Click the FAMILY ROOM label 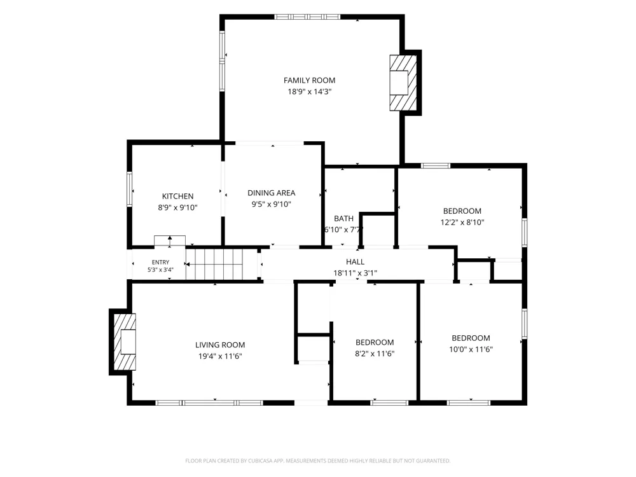[x=309, y=80]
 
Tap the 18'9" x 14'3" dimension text [x=310, y=92]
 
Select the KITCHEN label [x=177, y=197]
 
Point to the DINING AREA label [x=272, y=193]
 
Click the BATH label [x=343, y=219]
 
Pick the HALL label [x=355, y=262]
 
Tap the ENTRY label [x=161, y=263]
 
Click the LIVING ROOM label [x=220, y=345]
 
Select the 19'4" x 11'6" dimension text [x=220, y=357]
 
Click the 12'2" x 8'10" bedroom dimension [x=462, y=222]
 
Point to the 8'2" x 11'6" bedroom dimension [x=375, y=354]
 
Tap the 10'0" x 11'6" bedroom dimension [x=471, y=349]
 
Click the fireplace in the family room [x=404, y=83]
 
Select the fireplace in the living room [x=125, y=342]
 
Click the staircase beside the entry [x=214, y=264]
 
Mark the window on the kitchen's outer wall [x=129, y=189]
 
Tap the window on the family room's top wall [x=307, y=17]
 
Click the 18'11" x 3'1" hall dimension [x=355, y=273]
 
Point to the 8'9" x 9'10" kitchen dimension [x=177, y=208]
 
